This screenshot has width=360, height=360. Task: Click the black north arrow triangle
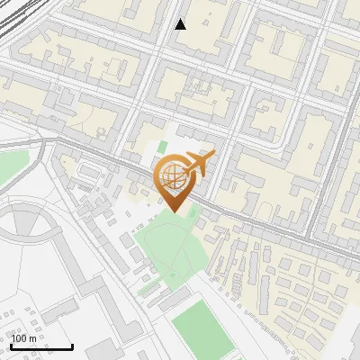coord(181,24)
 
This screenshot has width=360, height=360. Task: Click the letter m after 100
coord(33,337)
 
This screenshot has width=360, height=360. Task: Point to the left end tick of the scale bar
coord(10,346)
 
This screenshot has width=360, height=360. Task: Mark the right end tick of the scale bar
coord(73,346)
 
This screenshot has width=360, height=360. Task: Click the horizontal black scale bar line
coord(41,347)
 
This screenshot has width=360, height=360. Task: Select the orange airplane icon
coord(198,166)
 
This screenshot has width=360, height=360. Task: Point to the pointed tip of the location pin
coord(173,212)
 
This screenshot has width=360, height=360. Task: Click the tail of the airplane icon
coord(184,174)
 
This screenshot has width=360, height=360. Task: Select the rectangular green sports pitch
coord(198,328)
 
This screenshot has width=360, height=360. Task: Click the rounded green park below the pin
coord(171,252)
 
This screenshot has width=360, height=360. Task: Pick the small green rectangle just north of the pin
coord(163,146)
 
